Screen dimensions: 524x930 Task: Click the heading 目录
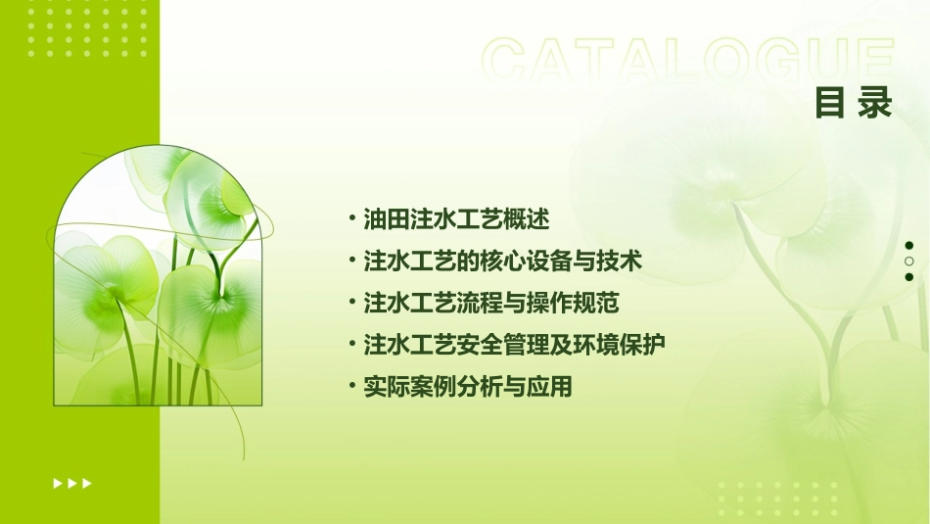pos(854,103)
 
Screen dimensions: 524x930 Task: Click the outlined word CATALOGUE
pos(688,61)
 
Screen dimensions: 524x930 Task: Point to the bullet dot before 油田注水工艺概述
pos(352,218)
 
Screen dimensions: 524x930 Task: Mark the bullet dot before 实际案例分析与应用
pos(352,387)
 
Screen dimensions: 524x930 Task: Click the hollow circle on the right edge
pos(909,262)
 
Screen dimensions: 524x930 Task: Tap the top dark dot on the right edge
pos(909,246)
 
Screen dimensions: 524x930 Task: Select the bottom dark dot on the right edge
pos(909,277)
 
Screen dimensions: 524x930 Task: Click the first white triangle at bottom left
pos(58,483)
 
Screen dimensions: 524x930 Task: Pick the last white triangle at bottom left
pos(87,483)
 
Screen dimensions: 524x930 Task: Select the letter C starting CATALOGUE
pos(509,61)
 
